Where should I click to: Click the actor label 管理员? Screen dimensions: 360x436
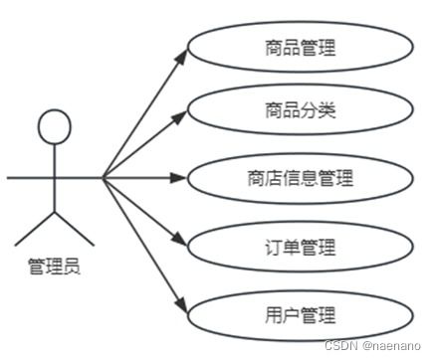(x=53, y=268)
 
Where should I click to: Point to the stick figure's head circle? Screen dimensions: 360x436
(x=55, y=125)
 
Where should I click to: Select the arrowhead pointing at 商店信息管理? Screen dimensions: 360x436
(x=180, y=179)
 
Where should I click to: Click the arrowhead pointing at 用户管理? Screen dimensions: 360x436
(x=180, y=303)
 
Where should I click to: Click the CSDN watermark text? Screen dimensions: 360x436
(x=340, y=344)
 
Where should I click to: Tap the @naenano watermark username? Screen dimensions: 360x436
(x=394, y=344)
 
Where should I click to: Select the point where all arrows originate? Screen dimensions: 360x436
(x=103, y=179)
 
